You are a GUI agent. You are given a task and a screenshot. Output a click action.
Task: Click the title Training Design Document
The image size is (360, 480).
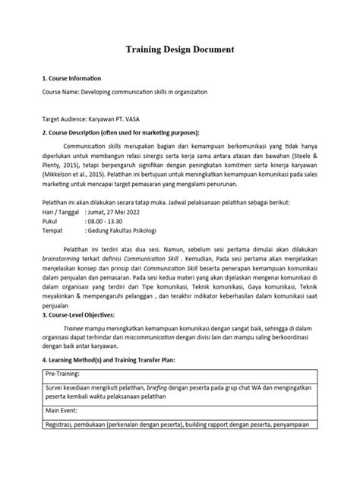click(x=179, y=50)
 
